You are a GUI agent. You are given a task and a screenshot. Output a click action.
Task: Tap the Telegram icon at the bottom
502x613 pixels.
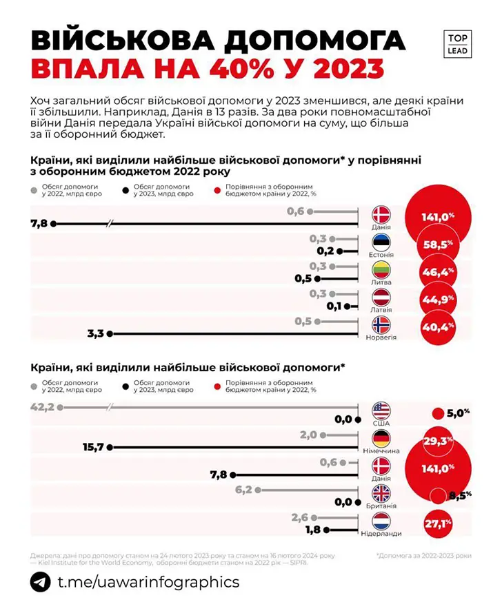[40, 582]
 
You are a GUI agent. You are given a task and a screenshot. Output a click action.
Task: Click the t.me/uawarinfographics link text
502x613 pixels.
[148, 582]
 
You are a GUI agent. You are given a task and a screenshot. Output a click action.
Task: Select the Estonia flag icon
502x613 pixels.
[381, 242]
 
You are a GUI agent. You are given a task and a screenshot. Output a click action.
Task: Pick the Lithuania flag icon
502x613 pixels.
[381, 269]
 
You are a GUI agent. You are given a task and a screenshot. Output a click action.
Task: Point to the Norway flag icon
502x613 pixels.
[381, 325]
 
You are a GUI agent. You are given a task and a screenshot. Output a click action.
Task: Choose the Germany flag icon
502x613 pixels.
[381, 438]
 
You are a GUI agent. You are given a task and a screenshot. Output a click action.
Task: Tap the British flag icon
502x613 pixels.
[381, 493]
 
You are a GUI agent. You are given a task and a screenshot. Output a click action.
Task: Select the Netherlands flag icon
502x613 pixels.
[381, 521]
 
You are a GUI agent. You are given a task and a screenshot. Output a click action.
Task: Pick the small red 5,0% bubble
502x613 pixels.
[436, 413]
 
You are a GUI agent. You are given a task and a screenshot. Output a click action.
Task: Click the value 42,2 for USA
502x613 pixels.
[43, 407]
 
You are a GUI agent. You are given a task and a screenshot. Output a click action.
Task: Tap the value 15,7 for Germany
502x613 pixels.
[93, 447]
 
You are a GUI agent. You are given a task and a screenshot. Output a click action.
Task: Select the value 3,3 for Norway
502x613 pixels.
[95, 334]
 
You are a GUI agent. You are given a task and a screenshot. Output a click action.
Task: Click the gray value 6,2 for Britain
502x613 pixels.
[244, 490]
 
